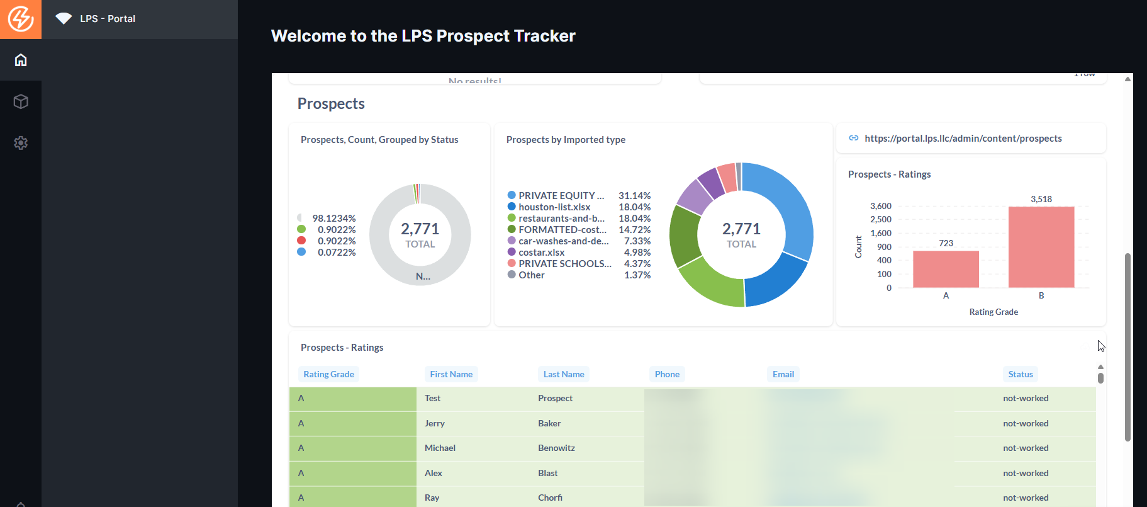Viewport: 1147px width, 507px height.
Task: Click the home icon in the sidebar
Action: click(x=21, y=60)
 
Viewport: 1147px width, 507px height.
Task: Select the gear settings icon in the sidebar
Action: click(x=21, y=143)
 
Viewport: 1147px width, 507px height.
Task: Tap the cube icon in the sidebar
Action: click(x=21, y=101)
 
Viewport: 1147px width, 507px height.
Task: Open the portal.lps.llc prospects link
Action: click(x=963, y=139)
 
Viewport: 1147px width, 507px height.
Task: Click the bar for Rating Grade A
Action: click(x=946, y=270)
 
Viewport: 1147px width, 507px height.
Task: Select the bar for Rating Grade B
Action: click(x=1041, y=247)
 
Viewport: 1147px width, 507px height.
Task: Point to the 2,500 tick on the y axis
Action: click(x=880, y=219)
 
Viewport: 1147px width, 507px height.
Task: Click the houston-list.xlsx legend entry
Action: click(x=554, y=207)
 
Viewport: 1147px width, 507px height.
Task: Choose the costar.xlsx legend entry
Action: click(x=541, y=253)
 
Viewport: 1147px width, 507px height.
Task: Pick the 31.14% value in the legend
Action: click(x=634, y=196)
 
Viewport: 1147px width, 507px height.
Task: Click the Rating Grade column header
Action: click(x=328, y=374)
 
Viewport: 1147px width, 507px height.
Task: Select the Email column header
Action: click(x=783, y=374)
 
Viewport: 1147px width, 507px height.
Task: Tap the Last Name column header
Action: click(x=564, y=374)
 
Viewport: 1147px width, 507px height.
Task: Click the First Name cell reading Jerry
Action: click(x=435, y=423)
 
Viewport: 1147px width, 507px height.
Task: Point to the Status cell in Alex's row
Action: click(x=1026, y=473)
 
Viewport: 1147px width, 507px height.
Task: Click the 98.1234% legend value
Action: click(x=333, y=219)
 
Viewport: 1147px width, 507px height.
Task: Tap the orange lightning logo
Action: click(x=21, y=19)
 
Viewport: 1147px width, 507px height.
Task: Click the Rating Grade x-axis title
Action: click(x=993, y=312)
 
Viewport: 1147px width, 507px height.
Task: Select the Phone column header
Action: click(x=667, y=374)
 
